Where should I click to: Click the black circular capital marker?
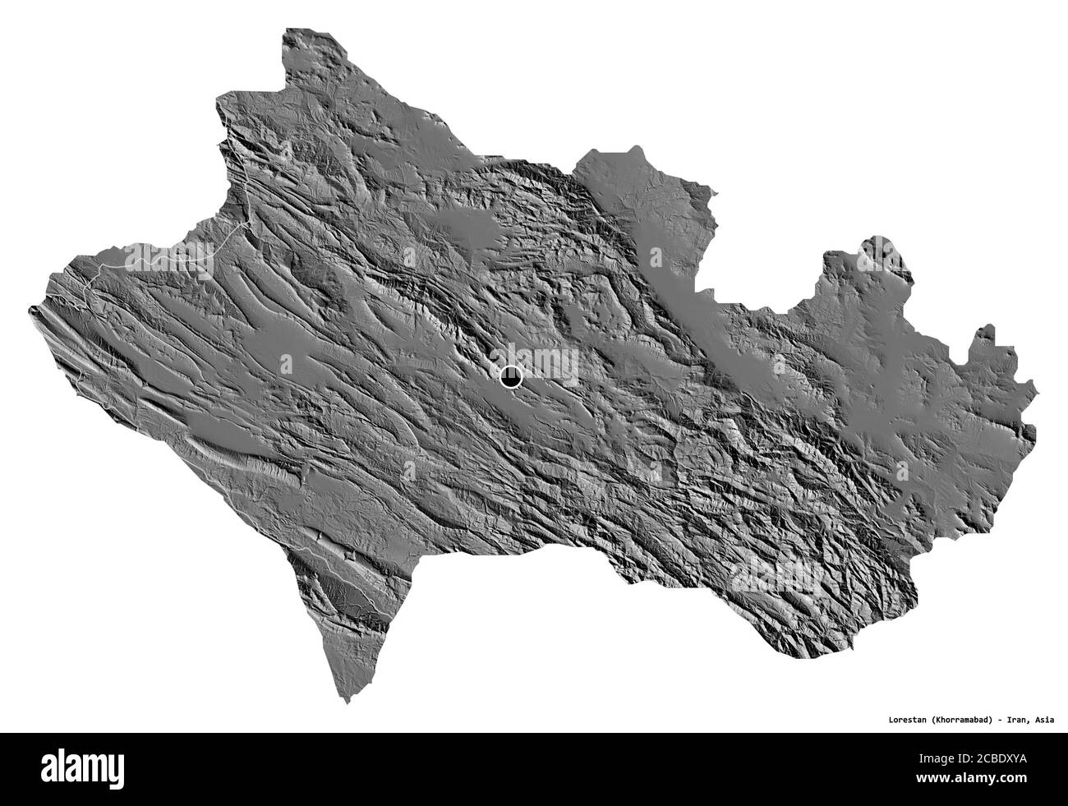point(511,377)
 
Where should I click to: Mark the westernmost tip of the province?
point(32,310)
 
